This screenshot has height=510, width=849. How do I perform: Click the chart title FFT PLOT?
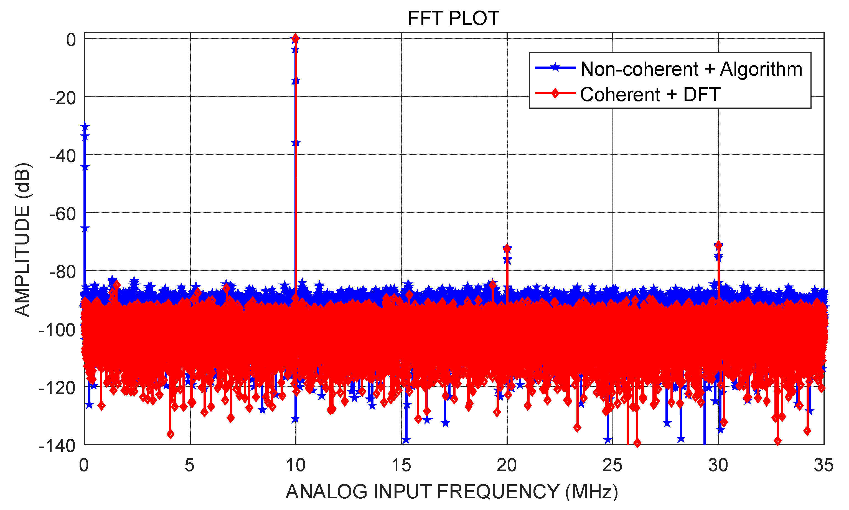(453, 18)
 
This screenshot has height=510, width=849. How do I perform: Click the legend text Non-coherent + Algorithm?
(691, 69)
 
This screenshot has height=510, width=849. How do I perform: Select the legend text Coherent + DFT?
(650, 95)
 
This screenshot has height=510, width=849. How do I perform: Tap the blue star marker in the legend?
(555, 67)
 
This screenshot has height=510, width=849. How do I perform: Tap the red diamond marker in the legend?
(555, 93)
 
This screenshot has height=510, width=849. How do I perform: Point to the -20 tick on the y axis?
(63, 99)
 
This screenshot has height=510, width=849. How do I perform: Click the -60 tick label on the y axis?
(63, 215)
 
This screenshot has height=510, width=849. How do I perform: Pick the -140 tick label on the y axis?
(57, 446)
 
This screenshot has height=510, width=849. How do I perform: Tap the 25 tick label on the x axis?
(612, 466)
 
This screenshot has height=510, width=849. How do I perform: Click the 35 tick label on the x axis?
(823, 466)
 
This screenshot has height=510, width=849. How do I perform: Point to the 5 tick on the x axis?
(189, 466)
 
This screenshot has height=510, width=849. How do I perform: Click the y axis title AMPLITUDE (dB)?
(23, 239)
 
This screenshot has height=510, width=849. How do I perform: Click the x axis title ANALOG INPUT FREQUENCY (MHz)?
(452, 491)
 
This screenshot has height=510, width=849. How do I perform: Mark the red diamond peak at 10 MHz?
(295, 39)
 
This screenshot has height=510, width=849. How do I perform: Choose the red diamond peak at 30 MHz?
(718, 245)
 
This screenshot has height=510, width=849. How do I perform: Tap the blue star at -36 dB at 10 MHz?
(296, 143)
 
